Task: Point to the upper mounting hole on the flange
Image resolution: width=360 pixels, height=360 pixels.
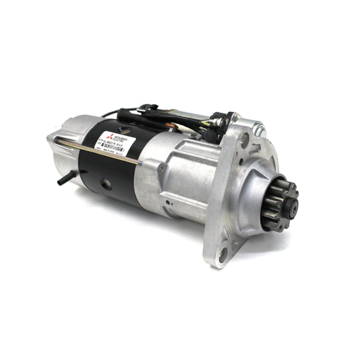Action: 244,137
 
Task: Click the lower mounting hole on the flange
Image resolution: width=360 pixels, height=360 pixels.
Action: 223,254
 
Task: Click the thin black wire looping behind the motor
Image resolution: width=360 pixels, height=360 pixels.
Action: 110,113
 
